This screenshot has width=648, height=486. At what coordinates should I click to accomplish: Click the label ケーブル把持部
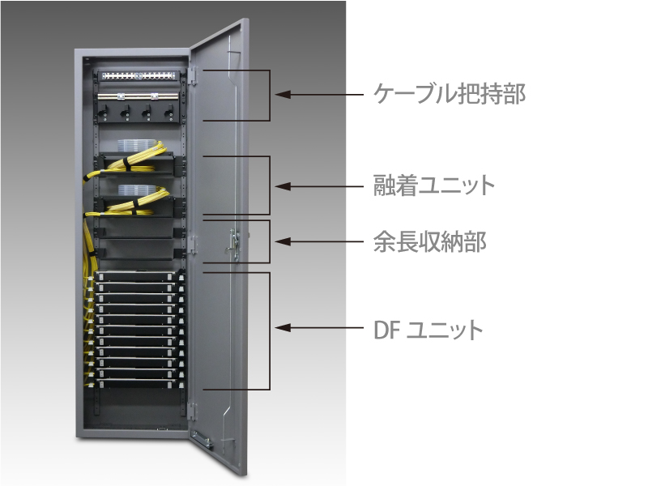tap(450, 93)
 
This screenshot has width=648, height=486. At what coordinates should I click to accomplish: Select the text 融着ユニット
tap(434, 185)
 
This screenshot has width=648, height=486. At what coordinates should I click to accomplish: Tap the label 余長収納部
tap(429, 241)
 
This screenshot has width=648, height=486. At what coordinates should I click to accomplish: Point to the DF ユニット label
tap(428, 330)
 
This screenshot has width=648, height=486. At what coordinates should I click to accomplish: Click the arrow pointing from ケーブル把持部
tap(319, 94)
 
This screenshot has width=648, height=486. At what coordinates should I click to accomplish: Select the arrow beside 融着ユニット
tap(319, 186)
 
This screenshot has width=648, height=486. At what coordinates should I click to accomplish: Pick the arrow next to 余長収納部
tap(319, 241)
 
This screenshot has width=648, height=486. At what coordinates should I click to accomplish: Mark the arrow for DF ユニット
tap(319, 328)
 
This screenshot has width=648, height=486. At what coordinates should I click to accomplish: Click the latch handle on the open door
tap(232, 245)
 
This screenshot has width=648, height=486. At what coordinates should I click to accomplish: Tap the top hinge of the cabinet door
tap(193, 76)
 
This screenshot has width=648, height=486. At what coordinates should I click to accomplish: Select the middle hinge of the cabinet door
tap(192, 245)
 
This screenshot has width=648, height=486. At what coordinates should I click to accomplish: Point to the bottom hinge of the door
tap(191, 411)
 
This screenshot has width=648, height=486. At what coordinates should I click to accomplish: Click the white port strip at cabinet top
tap(138, 76)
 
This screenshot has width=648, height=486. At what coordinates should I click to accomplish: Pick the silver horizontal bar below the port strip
tap(138, 96)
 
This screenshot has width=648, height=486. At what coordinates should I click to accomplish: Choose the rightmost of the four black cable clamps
tap(168, 111)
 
